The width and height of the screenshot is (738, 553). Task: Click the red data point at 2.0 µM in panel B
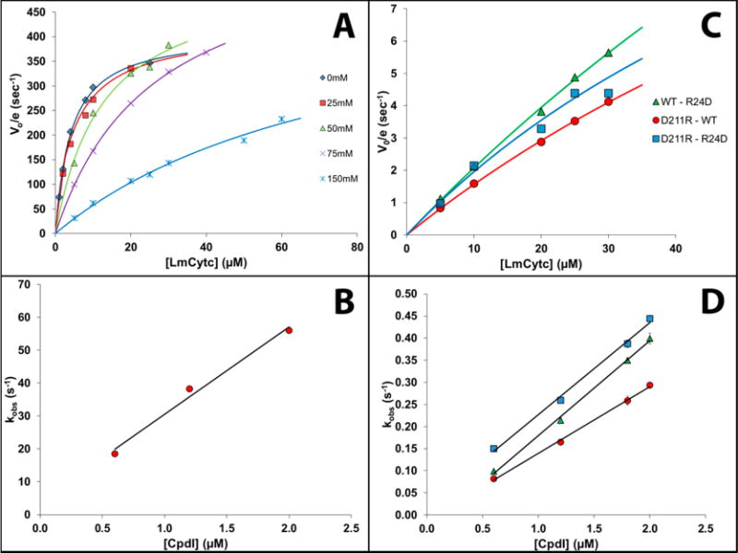click(289, 330)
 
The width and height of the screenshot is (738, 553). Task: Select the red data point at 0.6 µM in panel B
click(114, 453)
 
